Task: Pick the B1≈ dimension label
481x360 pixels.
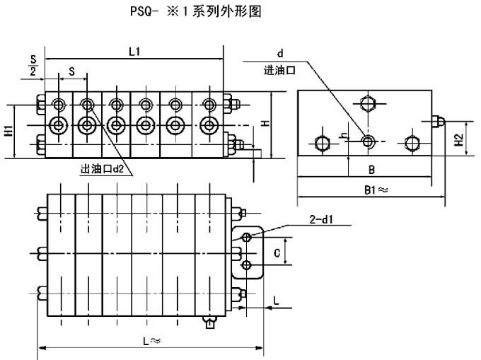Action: coord(373,189)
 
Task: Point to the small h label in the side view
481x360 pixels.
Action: coord(342,135)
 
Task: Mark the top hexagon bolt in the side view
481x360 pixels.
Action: coord(366,104)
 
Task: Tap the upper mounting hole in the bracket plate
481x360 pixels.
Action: coord(246,238)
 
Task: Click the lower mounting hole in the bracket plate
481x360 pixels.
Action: coord(246,265)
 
